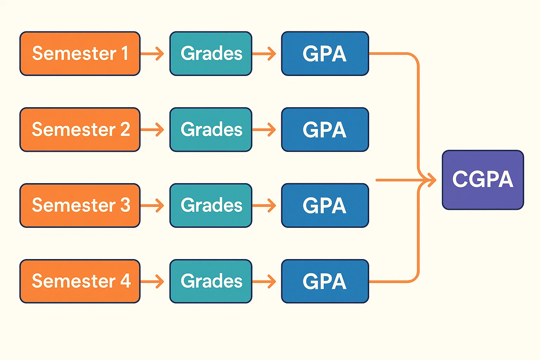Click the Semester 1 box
click(80, 53)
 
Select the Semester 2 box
click(80, 129)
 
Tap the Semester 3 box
click(80, 205)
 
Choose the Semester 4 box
click(80, 281)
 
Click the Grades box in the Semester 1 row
click(211, 53)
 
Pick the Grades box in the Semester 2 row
click(211, 129)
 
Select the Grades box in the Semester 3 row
click(211, 205)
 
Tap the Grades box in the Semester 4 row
click(211, 281)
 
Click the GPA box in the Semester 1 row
click(325, 53)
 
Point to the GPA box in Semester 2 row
click(325, 129)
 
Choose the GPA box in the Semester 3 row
click(325, 205)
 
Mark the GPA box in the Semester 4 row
click(325, 281)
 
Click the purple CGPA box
click(483, 180)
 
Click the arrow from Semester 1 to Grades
click(153, 54)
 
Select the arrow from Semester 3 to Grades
click(153, 206)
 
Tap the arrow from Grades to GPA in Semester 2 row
click(264, 130)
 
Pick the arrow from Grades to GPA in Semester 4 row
click(264, 282)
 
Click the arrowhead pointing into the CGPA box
click(431, 180)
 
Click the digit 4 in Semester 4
click(126, 281)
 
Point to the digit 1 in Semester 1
click(125, 53)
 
